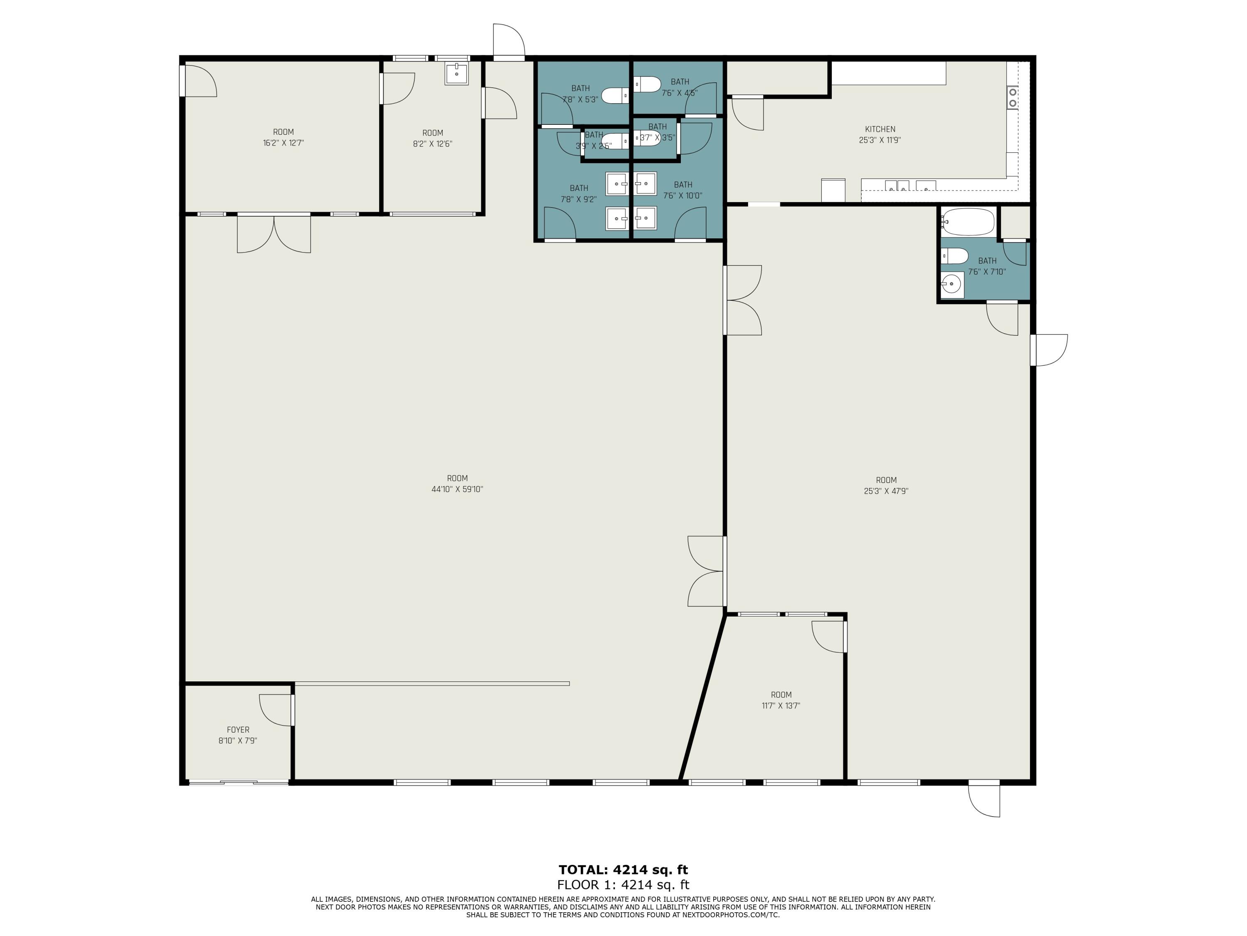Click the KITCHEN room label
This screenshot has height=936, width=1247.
click(880, 129)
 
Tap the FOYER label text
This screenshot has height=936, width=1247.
click(238, 730)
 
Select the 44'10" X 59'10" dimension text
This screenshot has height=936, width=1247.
click(457, 489)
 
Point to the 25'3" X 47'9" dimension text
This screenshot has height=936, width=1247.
click(886, 491)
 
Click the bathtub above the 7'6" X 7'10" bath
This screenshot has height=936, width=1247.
click(967, 222)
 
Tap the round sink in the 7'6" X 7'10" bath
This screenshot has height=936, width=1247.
click(951, 284)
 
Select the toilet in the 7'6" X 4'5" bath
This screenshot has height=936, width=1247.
click(647, 84)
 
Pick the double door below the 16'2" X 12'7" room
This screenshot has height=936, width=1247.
click(274, 233)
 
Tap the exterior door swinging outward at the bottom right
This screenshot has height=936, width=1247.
click(984, 800)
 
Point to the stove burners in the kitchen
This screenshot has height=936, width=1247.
click(1013, 97)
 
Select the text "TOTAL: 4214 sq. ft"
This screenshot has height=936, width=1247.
click(623, 869)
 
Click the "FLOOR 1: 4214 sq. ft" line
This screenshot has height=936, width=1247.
click(623, 885)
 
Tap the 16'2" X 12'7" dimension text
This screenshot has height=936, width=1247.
click(283, 143)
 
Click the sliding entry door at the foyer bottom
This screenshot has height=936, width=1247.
click(239, 782)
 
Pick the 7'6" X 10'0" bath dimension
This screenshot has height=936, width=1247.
click(683, 196)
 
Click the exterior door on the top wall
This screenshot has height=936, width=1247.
click(508, 42)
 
